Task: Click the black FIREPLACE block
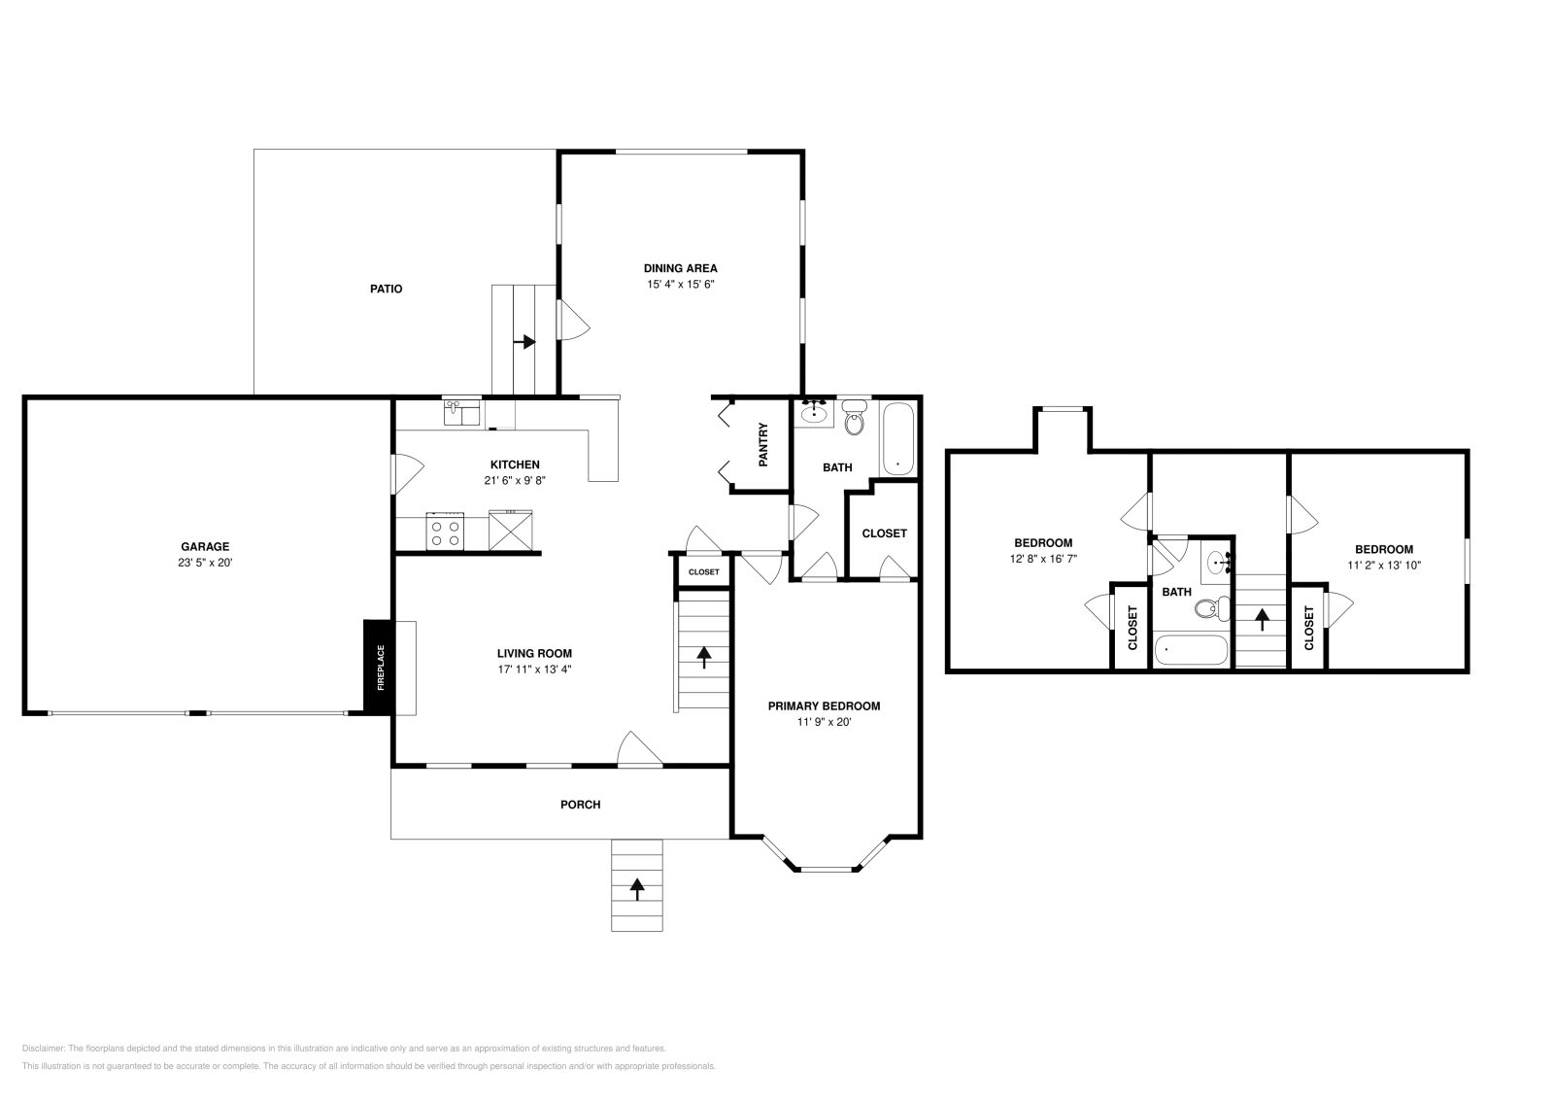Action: point(379,668)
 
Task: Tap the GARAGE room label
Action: point(205,547)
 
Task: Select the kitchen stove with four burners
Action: point(445,532)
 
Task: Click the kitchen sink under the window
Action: point(462,414)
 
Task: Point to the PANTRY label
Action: point(763,443)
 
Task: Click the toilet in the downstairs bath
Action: point(855,419)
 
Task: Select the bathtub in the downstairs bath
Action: point(898,439)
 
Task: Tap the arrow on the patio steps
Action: point(525,341)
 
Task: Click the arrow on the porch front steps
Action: point(637,887)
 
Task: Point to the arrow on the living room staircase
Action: point(703,656)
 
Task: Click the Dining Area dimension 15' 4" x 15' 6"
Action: point(681,285)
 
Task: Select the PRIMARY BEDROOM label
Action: point(824,706)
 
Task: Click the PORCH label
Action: point(580,805)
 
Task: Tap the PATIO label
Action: point(386,289)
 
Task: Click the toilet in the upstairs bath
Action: point(1207,609)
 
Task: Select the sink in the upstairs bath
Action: point(1217,563)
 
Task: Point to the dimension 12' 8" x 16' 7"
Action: point(1043,559)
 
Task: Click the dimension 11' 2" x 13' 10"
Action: point(1384,565)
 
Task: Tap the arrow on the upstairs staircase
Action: point(1262,618)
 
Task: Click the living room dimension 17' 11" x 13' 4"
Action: point(534,669)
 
